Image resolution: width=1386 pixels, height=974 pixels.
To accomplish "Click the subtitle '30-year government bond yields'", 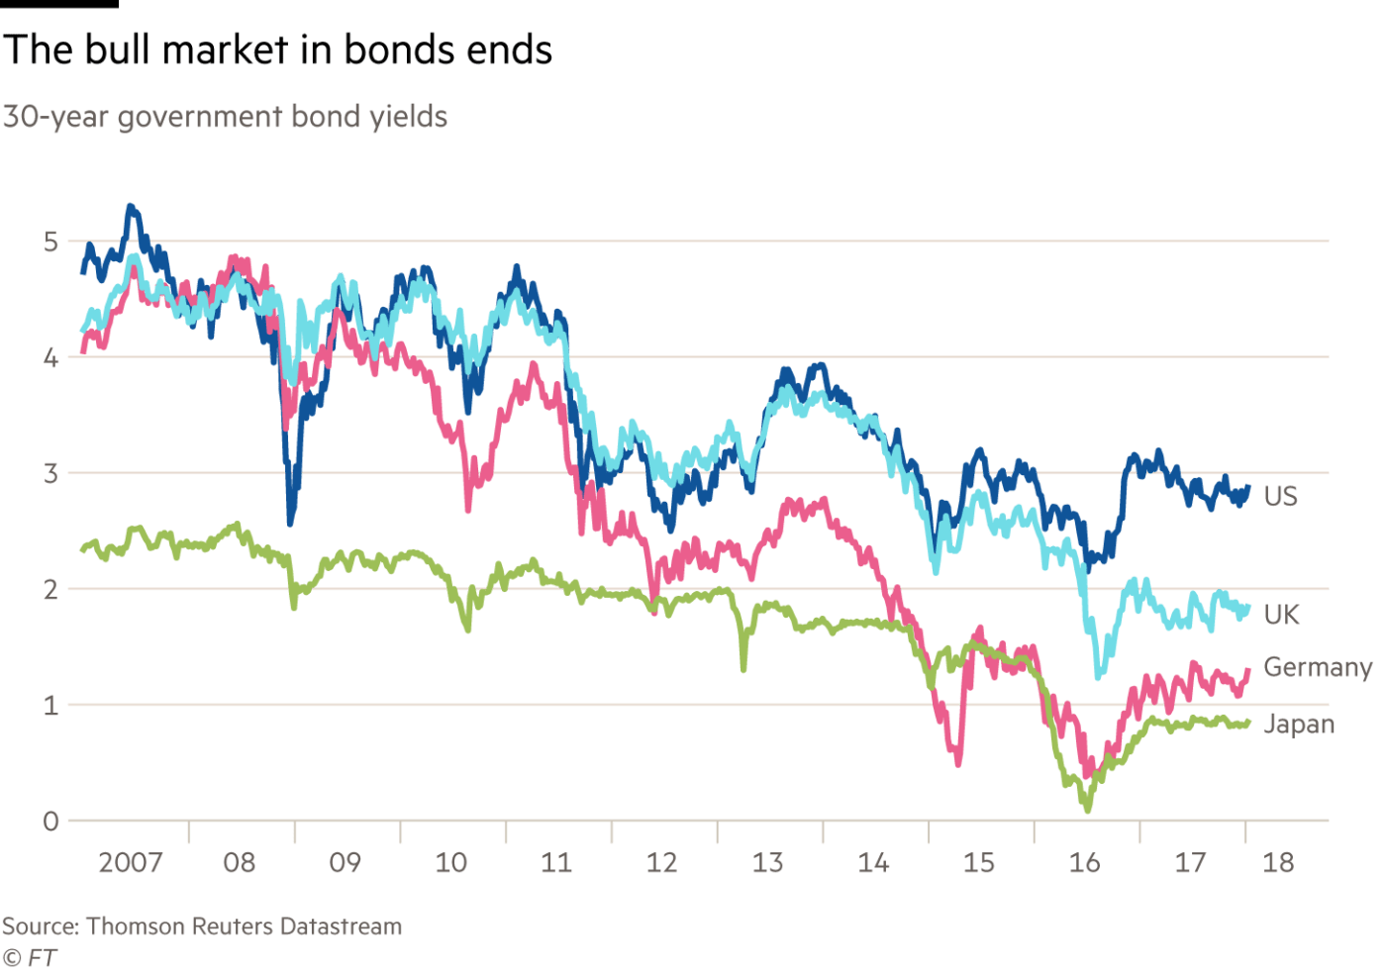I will point(225,118).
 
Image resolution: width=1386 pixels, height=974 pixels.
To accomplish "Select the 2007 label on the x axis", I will point(131,863).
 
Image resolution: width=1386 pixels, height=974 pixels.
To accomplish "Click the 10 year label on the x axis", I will point(451,863).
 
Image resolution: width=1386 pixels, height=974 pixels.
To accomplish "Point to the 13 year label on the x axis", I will point(768,863).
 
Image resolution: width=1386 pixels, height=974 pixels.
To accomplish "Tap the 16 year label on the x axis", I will point(1084,863).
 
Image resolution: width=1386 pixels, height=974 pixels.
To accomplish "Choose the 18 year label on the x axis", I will point(1278,863).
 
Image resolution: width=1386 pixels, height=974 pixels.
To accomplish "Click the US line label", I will point(1280,496).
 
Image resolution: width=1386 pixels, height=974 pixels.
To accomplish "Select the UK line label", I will point(1280,615).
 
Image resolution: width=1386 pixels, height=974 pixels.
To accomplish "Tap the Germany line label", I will point(1318,668).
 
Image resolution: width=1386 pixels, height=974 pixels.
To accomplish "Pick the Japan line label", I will point(1299,726).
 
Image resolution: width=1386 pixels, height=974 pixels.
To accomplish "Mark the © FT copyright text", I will point(29,957).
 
